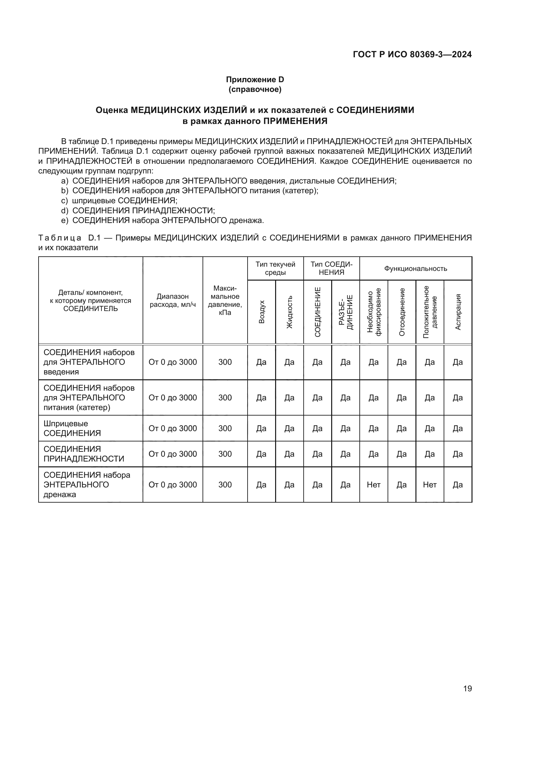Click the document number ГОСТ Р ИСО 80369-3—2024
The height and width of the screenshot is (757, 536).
click(x=412, y=54)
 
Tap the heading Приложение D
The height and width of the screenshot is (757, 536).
click(x=255, y=80)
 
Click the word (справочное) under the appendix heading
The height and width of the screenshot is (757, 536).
click(x=255, y=89)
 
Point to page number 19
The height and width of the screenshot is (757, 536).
click(x=467, y=688)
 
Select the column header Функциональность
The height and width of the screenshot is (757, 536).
click(x=415, y=268)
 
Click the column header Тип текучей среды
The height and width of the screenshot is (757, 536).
click(x=275, y=268)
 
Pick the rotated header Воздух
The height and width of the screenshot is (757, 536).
click(x=262, y=312)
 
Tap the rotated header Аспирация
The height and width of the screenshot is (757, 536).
click(x=458, y=312)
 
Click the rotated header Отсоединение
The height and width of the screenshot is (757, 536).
click(x=402, y=312)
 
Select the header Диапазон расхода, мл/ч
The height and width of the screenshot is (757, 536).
click(x=173, y=300)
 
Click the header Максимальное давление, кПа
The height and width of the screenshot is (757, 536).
click(x=225, y=300)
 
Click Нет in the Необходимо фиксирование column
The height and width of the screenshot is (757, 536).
click(x=373, y=485)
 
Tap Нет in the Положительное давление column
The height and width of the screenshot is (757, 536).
click(x=429, y=485)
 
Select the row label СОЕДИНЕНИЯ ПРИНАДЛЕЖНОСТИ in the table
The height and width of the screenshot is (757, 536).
click(x=84, y=454)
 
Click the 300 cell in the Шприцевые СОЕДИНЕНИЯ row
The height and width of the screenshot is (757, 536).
click(x=225, y=428)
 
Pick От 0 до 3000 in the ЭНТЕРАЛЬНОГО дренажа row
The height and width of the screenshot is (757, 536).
click(x=173, y=485)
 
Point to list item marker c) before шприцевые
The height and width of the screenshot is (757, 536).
click(x=64, y=201)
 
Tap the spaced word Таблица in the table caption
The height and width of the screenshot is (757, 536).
click(x=60, y=238)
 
